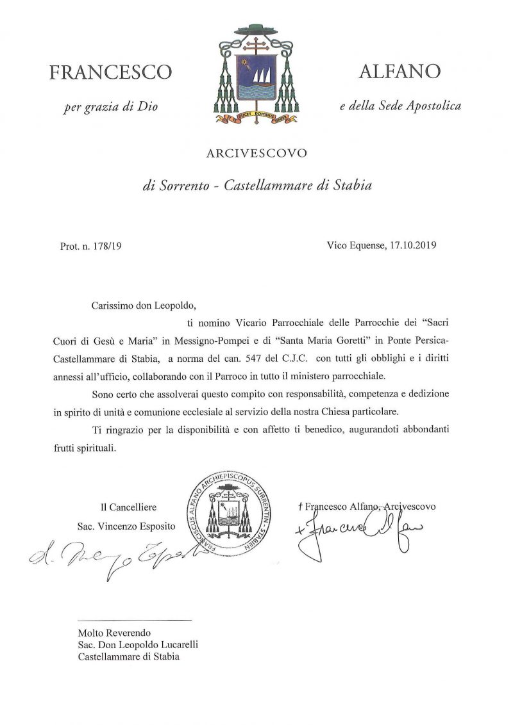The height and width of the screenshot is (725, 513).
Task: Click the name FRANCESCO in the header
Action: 110,72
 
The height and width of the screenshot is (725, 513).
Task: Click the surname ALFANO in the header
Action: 399,72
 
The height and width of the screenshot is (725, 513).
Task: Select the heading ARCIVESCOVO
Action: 256,153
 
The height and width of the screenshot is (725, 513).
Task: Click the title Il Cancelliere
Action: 128,507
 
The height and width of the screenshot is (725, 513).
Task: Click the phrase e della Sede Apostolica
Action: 400,106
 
